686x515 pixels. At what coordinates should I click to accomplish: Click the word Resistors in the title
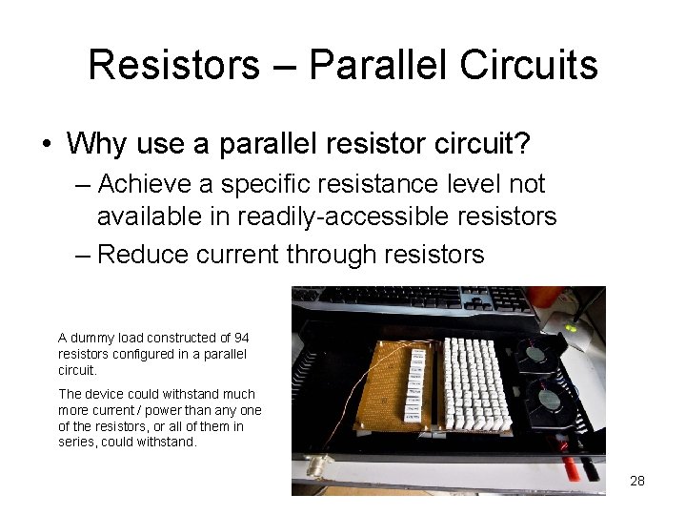173,65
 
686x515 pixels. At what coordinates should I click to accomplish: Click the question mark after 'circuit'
522,144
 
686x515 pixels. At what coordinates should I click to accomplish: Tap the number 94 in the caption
241,338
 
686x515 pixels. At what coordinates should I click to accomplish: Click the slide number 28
637,481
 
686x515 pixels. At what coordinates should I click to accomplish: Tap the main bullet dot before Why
46,145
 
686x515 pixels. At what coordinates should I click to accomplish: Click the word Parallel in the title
378,65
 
